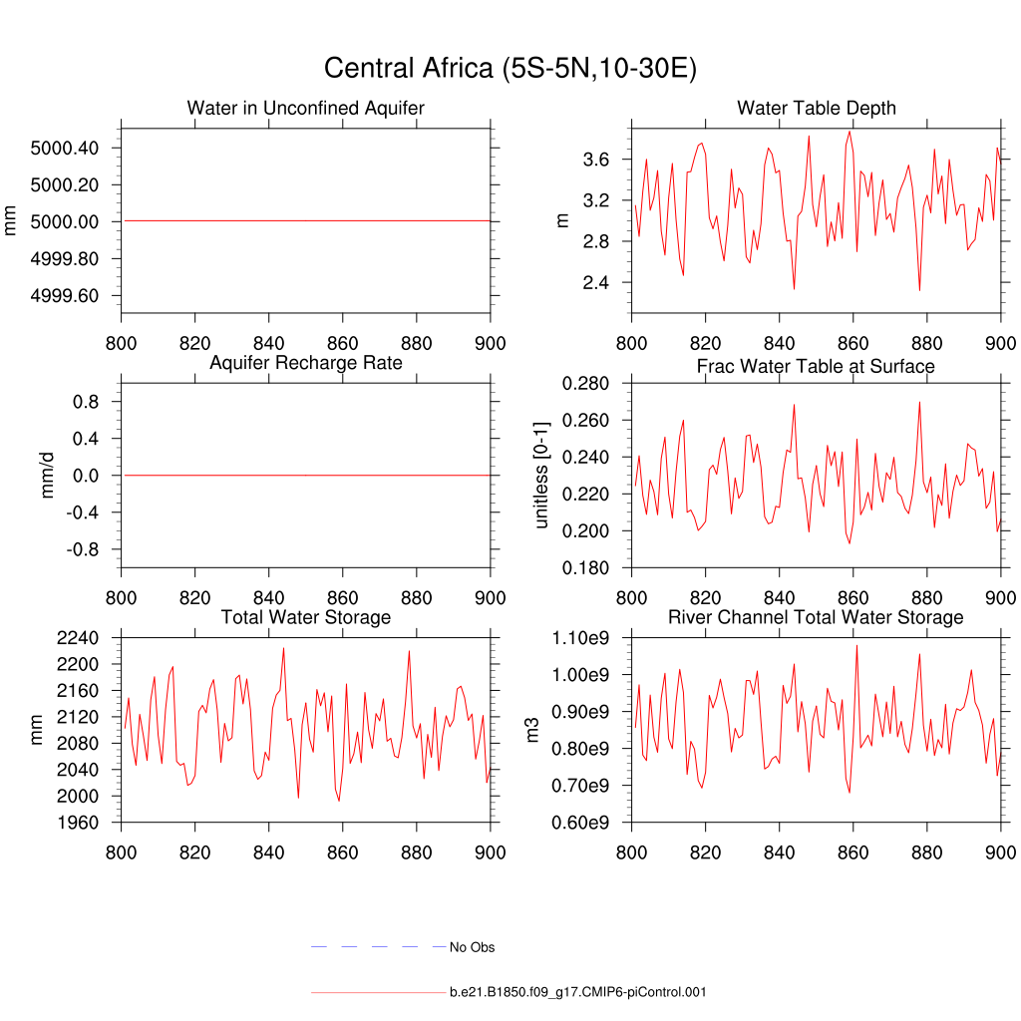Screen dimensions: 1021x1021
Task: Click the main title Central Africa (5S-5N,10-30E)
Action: [x=510, y=69]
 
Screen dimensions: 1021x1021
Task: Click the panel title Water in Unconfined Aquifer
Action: [x=305, y=108]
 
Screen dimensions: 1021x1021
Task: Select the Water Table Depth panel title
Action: [x=816, y=108]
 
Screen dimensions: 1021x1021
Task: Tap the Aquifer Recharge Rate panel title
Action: [x=305, y=363]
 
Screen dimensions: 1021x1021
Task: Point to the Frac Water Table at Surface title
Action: [x=816, y=367]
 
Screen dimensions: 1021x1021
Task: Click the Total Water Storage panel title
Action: [x=305, y=618]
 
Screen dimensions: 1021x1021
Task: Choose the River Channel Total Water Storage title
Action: [x=816, y=618]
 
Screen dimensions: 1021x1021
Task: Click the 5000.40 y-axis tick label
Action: [x=65, y=149]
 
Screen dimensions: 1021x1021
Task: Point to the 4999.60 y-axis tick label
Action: [x=65, y=296]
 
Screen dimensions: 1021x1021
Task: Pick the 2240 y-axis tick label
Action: [x=78, y=638]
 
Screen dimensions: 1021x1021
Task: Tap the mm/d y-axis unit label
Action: [x=47, y=476]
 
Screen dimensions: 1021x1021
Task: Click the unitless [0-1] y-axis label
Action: [x=541, y=476]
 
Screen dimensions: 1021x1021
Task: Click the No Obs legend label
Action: [x=472, y=947]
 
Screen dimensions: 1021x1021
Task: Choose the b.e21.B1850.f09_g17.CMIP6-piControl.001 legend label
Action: [x=578, y=993]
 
